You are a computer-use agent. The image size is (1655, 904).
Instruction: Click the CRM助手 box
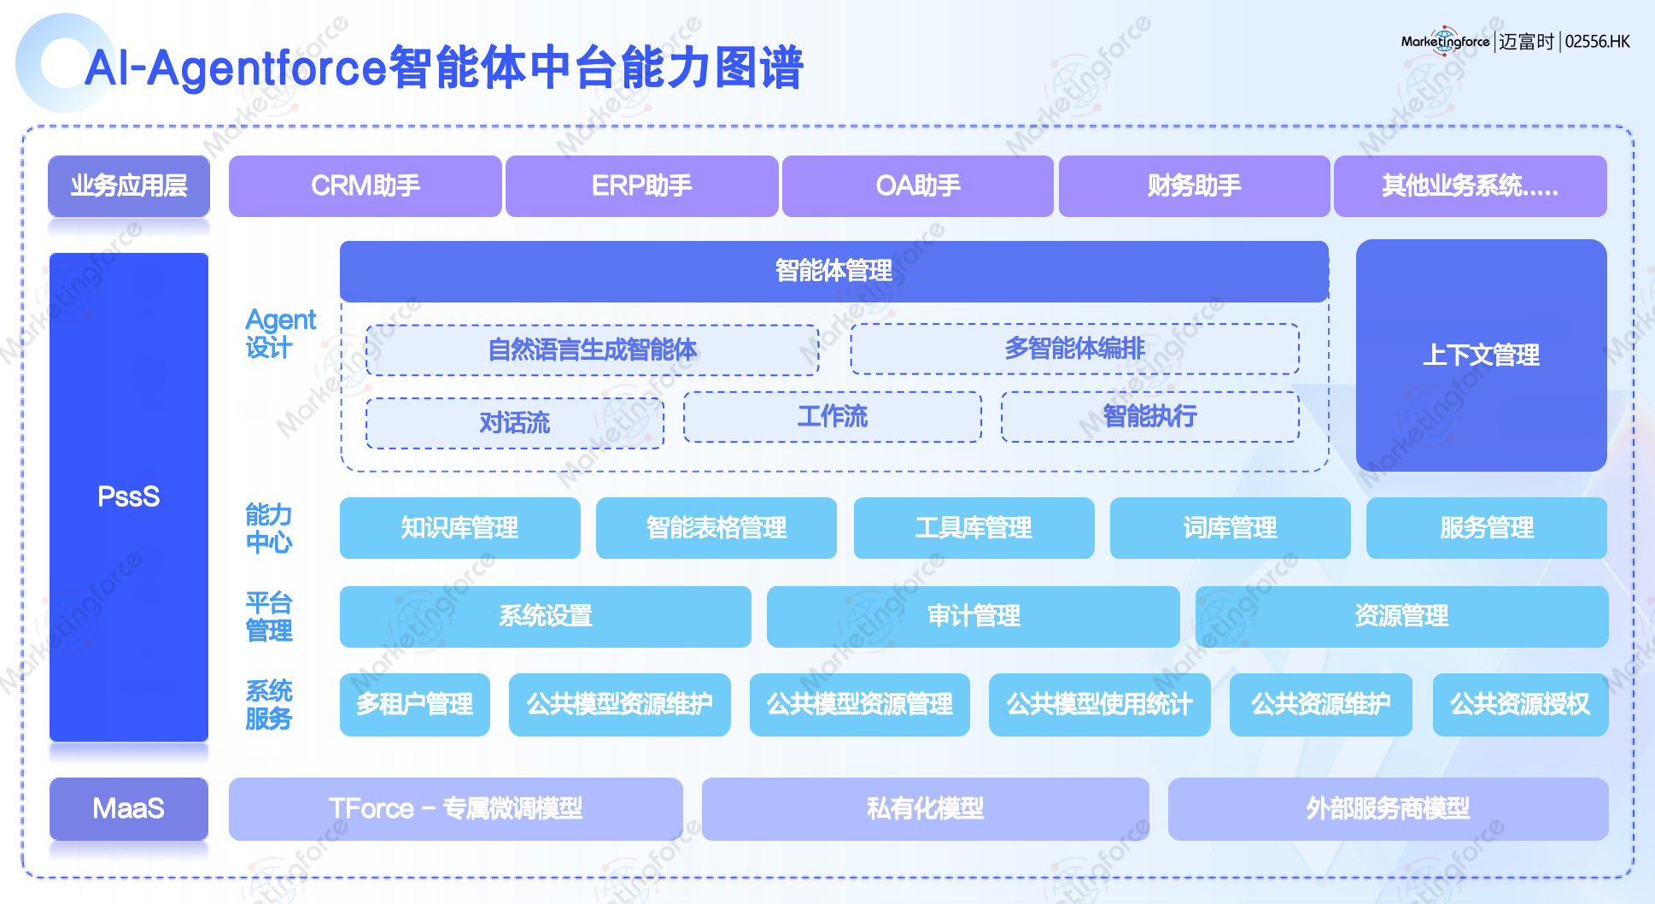(x=365, y=185)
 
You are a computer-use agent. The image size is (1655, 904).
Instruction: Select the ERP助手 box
(x=641, y=185)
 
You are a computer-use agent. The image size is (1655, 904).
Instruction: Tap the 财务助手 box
(x=1194, y=185)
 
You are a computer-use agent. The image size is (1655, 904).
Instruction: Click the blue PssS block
(x=129, y=496)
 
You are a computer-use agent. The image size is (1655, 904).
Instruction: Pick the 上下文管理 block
(x=1481, y=355)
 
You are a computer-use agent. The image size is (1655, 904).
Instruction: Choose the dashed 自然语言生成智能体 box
(x=592, y=349)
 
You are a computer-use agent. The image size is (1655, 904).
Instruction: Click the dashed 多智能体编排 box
(x=1074, y=349)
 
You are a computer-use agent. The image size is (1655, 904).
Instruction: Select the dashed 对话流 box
(x=514, y=423)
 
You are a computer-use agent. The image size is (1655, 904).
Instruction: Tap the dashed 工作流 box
(x=832, y=417)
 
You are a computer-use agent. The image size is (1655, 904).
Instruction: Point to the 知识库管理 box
(x=459, y=528)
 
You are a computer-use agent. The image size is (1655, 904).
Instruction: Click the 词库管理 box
(x=1230, y=528)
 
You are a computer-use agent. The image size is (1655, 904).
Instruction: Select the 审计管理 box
(x=973, y=616)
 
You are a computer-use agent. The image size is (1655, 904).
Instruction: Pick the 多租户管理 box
(x=414, y=704)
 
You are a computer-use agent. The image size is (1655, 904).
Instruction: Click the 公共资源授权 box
(x=1520, y=704)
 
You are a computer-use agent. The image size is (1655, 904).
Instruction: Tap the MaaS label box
(x=129, y=808)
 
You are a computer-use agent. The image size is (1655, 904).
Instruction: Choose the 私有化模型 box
(x=925, y=808)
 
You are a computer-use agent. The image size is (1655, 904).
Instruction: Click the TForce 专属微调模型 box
(x=455, y=808)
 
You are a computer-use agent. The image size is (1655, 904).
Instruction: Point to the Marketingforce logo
(x=1445, y=41)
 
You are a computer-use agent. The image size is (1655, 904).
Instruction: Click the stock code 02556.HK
(x=1597, y=42)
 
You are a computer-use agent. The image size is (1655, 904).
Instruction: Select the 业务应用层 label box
(x=129, y=185)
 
